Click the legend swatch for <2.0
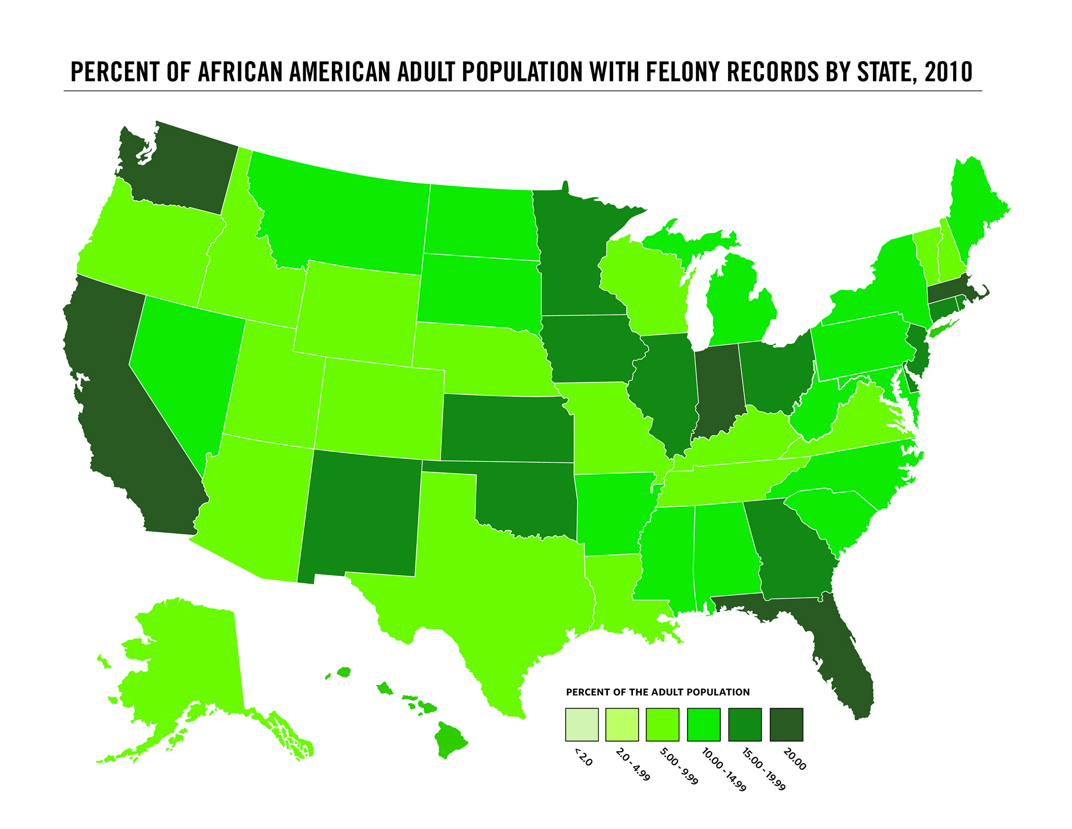coord(582,724)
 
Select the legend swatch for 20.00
coord(786,724)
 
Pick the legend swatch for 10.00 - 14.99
coord(704,724)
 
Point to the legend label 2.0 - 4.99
coord(632,764)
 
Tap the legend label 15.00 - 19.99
coord(764,769)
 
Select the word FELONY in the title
coord(677,72)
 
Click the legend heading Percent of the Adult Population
coord(657,692)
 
